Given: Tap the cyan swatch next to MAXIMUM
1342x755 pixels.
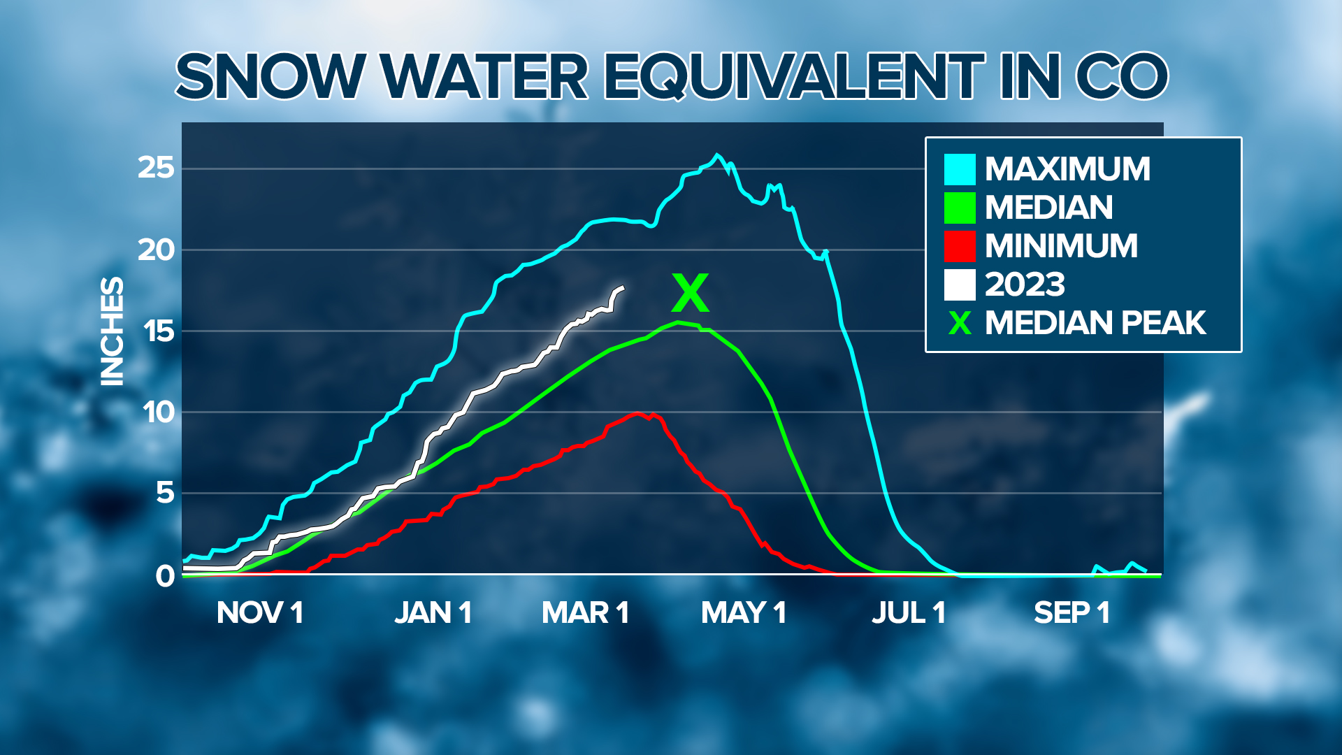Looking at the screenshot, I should click(960, 169).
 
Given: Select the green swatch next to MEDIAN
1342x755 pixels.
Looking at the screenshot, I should click(960, 208).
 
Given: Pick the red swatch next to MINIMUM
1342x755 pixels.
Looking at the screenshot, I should click(960, 246).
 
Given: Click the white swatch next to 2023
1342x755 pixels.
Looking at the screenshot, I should click(960, 285).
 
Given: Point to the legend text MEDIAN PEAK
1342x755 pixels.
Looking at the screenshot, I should click(1095, 323).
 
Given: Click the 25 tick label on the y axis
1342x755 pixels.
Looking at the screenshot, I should click(155, 168).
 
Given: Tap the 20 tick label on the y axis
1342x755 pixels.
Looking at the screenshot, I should click(155, 250).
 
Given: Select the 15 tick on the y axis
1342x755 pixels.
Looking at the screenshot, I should click(158, 331).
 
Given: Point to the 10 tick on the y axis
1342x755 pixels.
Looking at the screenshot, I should click(158, 412).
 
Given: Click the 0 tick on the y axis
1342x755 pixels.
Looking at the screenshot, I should click(165, 576).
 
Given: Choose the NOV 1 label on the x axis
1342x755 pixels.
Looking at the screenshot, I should click(259, 613).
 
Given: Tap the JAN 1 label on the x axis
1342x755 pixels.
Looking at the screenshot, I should click(433, 613).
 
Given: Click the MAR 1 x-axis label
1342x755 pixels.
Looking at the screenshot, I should click(585, 613).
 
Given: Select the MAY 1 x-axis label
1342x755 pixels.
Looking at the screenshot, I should click(744, 613).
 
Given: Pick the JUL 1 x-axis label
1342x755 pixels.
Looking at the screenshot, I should click(908, 613).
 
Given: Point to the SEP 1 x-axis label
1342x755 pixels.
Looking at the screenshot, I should click(1072, 613).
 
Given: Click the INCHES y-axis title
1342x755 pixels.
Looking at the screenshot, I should click(112, 331).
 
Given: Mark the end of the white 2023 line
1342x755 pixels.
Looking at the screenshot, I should click(623, 287).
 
